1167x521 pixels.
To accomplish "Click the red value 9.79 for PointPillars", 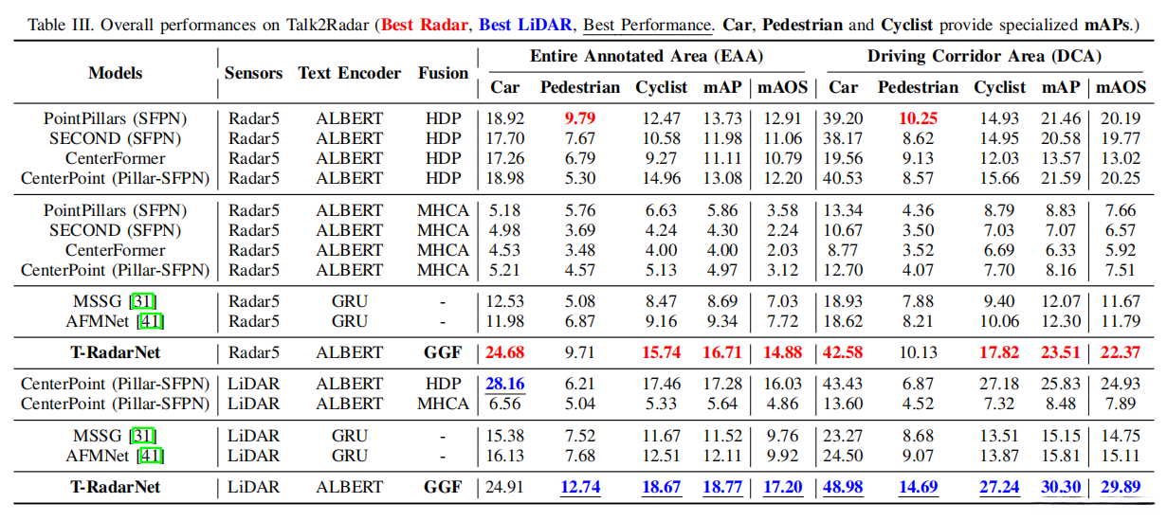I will point(580,119).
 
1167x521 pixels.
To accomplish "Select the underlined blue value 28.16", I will point(504,385).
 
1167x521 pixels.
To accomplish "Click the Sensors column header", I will point(253,73).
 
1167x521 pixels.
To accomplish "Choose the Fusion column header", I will point(443,73).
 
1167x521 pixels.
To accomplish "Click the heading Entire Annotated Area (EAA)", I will point(647,57).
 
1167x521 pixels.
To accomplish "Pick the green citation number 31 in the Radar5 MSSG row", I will point(143,302).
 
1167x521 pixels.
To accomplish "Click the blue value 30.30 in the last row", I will point(1061,488).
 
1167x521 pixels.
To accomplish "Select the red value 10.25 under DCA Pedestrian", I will point(918,119).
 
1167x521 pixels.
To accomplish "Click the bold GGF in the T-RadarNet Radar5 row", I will point(443,352).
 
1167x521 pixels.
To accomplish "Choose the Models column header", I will point(116,73).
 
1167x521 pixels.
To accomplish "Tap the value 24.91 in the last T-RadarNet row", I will point(504,488).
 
